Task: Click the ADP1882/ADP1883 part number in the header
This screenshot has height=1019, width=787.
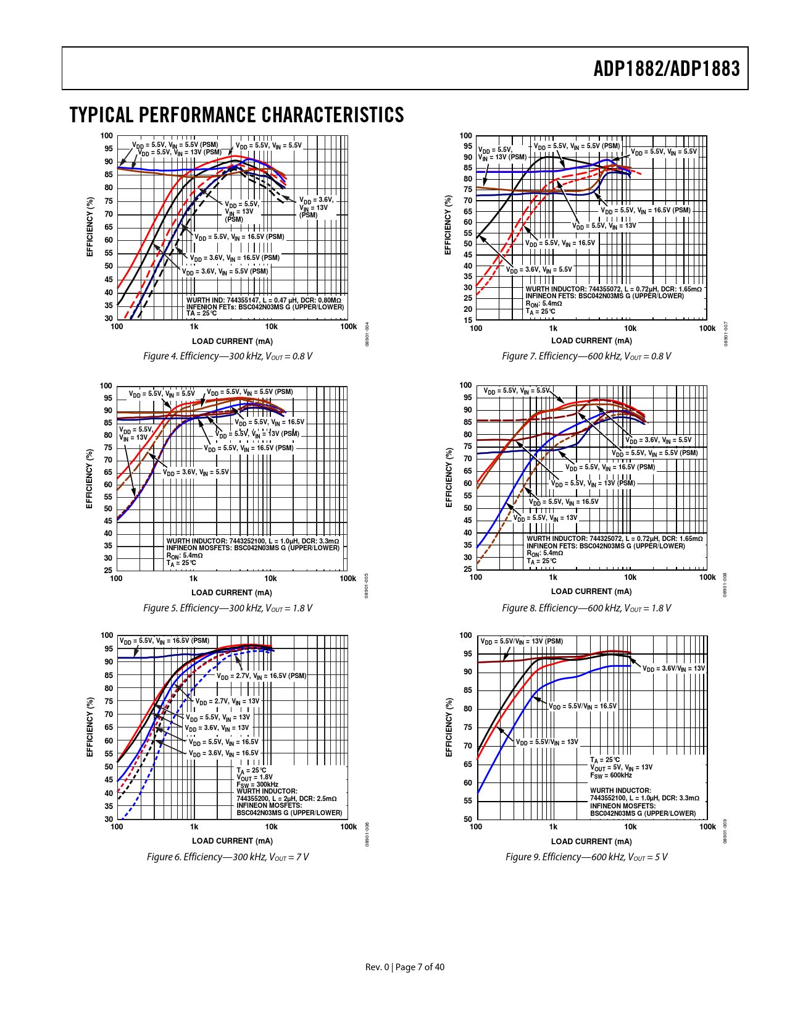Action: [x=666, y=69]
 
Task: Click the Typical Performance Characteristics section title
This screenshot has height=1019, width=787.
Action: [x=236, y=115]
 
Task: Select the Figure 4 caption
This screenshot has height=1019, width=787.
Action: [x=228, y=356]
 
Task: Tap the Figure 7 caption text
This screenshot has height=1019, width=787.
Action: [x=586, y=356]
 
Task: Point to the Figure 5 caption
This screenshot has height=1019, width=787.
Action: [x=228, y=608]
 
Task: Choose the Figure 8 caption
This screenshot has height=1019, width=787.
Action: [x=586, y=608]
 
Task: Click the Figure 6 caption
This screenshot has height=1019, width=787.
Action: [x=228, y=857]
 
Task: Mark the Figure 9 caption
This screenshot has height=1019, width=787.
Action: [x=586, y=857]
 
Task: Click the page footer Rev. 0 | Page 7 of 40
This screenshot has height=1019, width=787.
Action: [x=405, y=967]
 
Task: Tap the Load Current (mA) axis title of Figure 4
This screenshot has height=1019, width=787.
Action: [x=232, y=342]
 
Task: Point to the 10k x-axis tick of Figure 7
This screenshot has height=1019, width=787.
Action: [x=630, y=329]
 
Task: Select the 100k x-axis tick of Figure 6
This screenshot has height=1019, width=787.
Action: [x=349, y=827]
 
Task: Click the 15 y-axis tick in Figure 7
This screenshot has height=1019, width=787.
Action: [x=468, y=320]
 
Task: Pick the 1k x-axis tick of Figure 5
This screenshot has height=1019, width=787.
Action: [x=193, y=579]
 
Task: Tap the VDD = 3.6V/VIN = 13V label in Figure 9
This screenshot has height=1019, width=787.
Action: [x=673, y=669]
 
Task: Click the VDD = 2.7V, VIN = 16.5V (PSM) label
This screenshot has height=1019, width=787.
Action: [x=261, y=676]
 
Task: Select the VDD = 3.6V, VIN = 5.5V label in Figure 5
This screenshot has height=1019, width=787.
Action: [x=196, y=472]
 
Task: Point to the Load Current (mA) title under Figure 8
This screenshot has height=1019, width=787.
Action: [x=591, y=592]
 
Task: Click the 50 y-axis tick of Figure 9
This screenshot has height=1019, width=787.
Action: [x=467, y=820]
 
